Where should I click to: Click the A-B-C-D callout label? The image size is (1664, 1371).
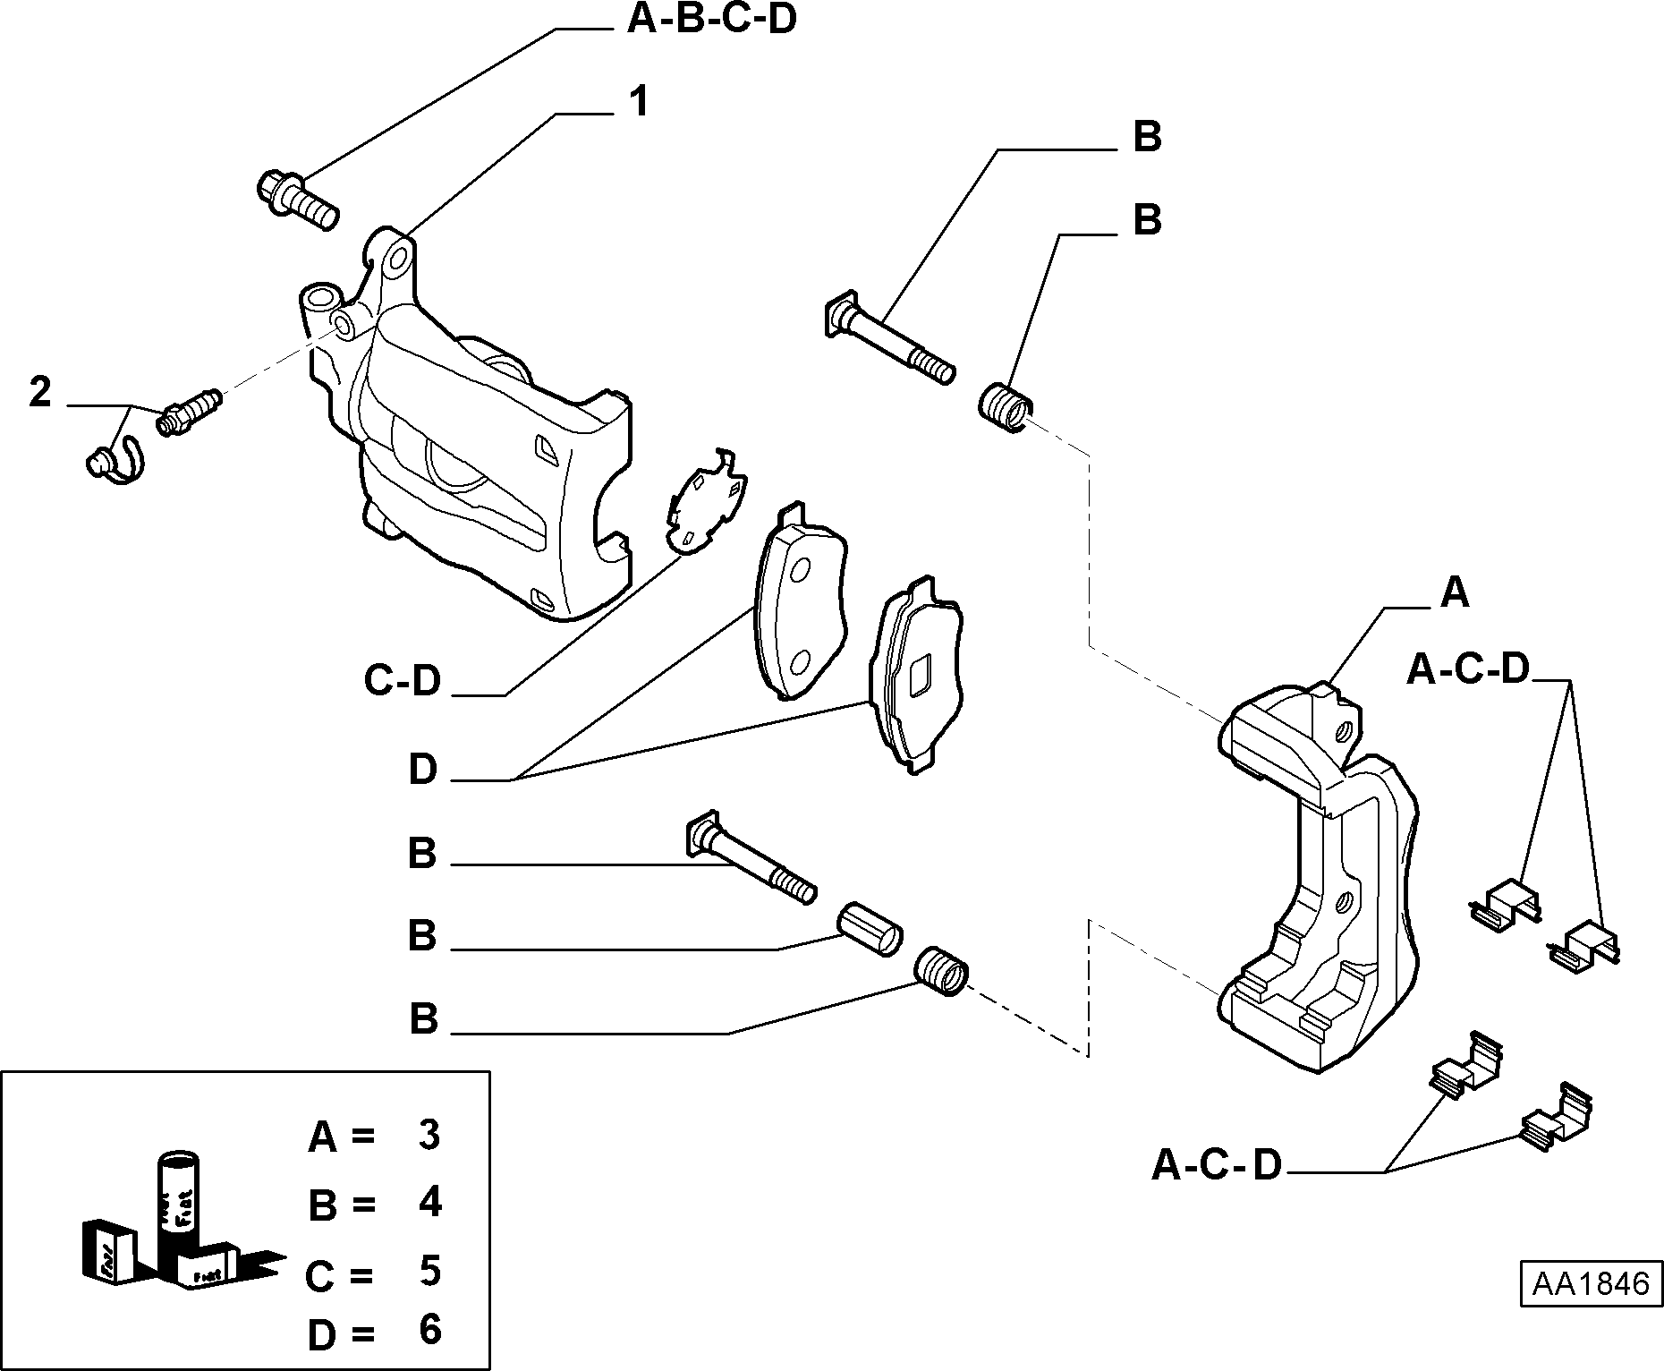click(710, 19)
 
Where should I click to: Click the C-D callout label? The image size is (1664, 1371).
click(403, 681)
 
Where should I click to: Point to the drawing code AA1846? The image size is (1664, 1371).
click(1591, 1285)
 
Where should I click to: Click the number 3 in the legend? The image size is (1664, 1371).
click(429, 1135)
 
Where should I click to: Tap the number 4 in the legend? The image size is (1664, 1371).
click(430, 1202)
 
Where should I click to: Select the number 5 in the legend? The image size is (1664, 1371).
click(430, 1270)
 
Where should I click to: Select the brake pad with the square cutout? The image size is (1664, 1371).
click(916, 676)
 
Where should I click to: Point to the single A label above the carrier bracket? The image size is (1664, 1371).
click(1455, 592)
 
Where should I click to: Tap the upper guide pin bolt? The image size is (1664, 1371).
click(888, 337)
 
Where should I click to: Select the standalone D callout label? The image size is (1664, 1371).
click(423, 770)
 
